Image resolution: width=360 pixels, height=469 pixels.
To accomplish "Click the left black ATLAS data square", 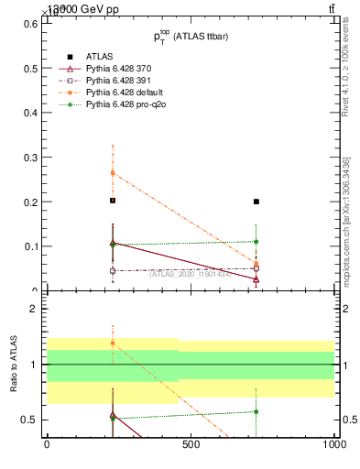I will pos(113,201).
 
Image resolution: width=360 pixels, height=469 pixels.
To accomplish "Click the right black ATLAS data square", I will pos(256,202).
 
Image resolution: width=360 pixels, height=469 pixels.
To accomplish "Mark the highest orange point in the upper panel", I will pos(113,172).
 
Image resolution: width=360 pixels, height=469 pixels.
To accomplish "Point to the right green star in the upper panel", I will pos(256,242).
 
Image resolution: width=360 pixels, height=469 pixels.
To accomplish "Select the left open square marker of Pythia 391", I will pos(113,270).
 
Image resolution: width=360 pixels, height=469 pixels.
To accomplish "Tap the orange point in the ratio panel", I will pos(113,344).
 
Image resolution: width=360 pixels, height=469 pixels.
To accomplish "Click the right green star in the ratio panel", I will pos(256,411).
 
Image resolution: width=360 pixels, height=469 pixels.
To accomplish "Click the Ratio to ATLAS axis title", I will pos(14,365).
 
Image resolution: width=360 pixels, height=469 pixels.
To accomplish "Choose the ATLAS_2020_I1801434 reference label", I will pos(190,273).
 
